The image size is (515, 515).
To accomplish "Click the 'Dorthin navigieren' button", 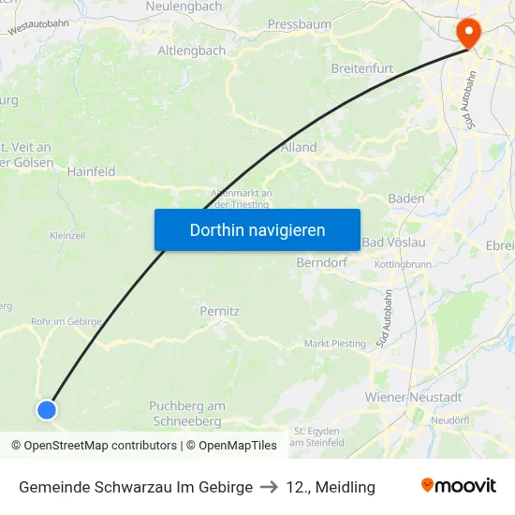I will tap(257, 229).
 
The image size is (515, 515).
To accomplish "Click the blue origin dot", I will tap(47, 409).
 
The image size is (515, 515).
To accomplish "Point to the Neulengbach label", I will tap(184, 6).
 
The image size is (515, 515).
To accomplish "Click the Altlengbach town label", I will tap(191, 51).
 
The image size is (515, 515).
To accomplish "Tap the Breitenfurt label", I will tap(362, 68).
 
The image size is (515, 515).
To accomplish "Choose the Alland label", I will tap(299, 147).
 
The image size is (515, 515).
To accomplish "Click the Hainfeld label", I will tap(91, 171).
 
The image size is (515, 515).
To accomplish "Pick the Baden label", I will tap(405, 199).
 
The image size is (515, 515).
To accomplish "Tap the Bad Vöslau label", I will tap(393, 243).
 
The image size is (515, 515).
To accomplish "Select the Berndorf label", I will tap(321, 263).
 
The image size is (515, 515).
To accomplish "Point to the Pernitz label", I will tap(220, 310).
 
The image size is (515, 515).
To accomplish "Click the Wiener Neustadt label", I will tap(413, 398).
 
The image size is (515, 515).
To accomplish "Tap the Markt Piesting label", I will tap(335, 344).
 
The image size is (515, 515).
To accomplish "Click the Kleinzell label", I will tap(67, 235).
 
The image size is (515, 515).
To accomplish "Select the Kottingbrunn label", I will tap(403, 265).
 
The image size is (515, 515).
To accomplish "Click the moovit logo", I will tap(459, 486).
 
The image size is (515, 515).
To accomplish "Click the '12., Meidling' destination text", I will tap(331, 487).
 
